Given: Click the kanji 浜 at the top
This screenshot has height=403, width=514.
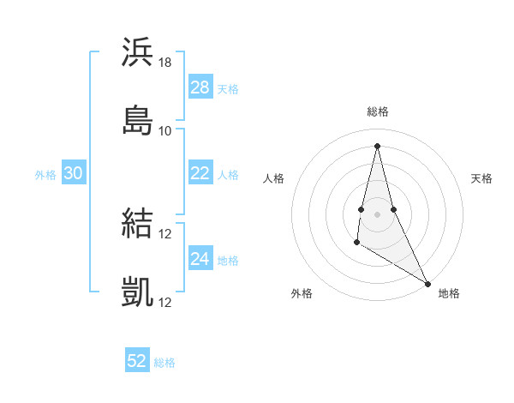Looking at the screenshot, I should [137, 52].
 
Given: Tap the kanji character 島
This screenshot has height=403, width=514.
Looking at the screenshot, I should [137, 119].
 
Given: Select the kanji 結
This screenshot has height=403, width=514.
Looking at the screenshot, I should [137, 224].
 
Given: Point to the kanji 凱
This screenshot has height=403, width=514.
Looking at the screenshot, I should [137, 292].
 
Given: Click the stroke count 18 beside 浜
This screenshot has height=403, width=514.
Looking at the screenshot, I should [165, 63].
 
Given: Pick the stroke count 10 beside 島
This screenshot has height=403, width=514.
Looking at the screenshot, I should [165, 130].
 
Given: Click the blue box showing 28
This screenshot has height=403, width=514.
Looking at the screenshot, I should [200, 87].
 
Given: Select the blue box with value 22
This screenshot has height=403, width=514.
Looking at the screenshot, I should [200, 173].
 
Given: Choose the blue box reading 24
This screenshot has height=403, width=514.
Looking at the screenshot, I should [200, 259].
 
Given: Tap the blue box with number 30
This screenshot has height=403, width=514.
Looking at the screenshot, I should [73, 173].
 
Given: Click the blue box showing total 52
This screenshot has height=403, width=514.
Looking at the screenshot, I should [137, 361].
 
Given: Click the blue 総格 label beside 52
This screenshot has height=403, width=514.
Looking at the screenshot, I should [164, 363].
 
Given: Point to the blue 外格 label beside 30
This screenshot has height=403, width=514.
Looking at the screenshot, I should [45, 175].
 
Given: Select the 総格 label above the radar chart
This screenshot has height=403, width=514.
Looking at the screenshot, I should [378, 111].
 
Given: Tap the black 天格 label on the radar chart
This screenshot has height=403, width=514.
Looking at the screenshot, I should [481, 178].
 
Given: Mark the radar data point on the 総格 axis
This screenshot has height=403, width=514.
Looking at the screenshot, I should [377, 145].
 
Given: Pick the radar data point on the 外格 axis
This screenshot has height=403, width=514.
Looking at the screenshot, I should [356, 243].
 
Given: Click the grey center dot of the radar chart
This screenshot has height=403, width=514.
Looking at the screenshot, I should [377, 214].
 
